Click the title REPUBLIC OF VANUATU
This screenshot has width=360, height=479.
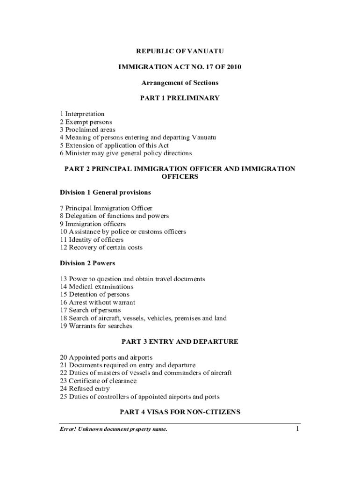click(180, 51)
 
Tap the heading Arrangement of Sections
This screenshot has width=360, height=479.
click(180, 83)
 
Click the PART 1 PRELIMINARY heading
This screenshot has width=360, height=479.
click(180, 98)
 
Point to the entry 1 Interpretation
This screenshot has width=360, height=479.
click(82, 114)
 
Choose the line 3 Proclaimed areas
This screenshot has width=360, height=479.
click(87, 130)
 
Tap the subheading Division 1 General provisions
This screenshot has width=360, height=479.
click(105, 192)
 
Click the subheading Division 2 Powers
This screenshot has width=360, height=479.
click(87, 263)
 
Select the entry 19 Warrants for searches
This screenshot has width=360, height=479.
click(96, 326)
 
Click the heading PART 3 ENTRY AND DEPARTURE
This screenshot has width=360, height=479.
click(180, 342)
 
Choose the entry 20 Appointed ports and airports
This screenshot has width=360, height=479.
click(106, 357)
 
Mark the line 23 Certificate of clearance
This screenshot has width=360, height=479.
click(98, 381)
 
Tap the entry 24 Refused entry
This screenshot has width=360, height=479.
click(85, 389)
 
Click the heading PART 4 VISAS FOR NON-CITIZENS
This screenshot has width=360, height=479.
click(180, 412)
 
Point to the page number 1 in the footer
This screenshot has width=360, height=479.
click(297, 429)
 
